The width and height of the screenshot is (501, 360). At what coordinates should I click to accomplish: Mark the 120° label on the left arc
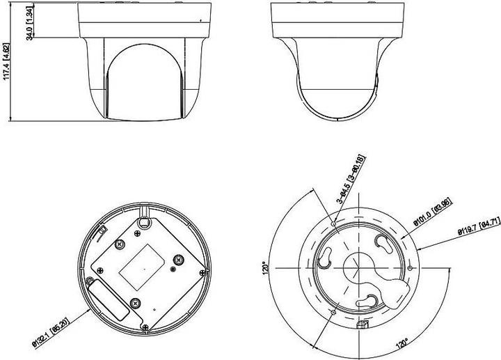click(264, 268)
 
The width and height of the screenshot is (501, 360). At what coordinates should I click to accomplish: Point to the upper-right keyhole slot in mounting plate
click(383, 245)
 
